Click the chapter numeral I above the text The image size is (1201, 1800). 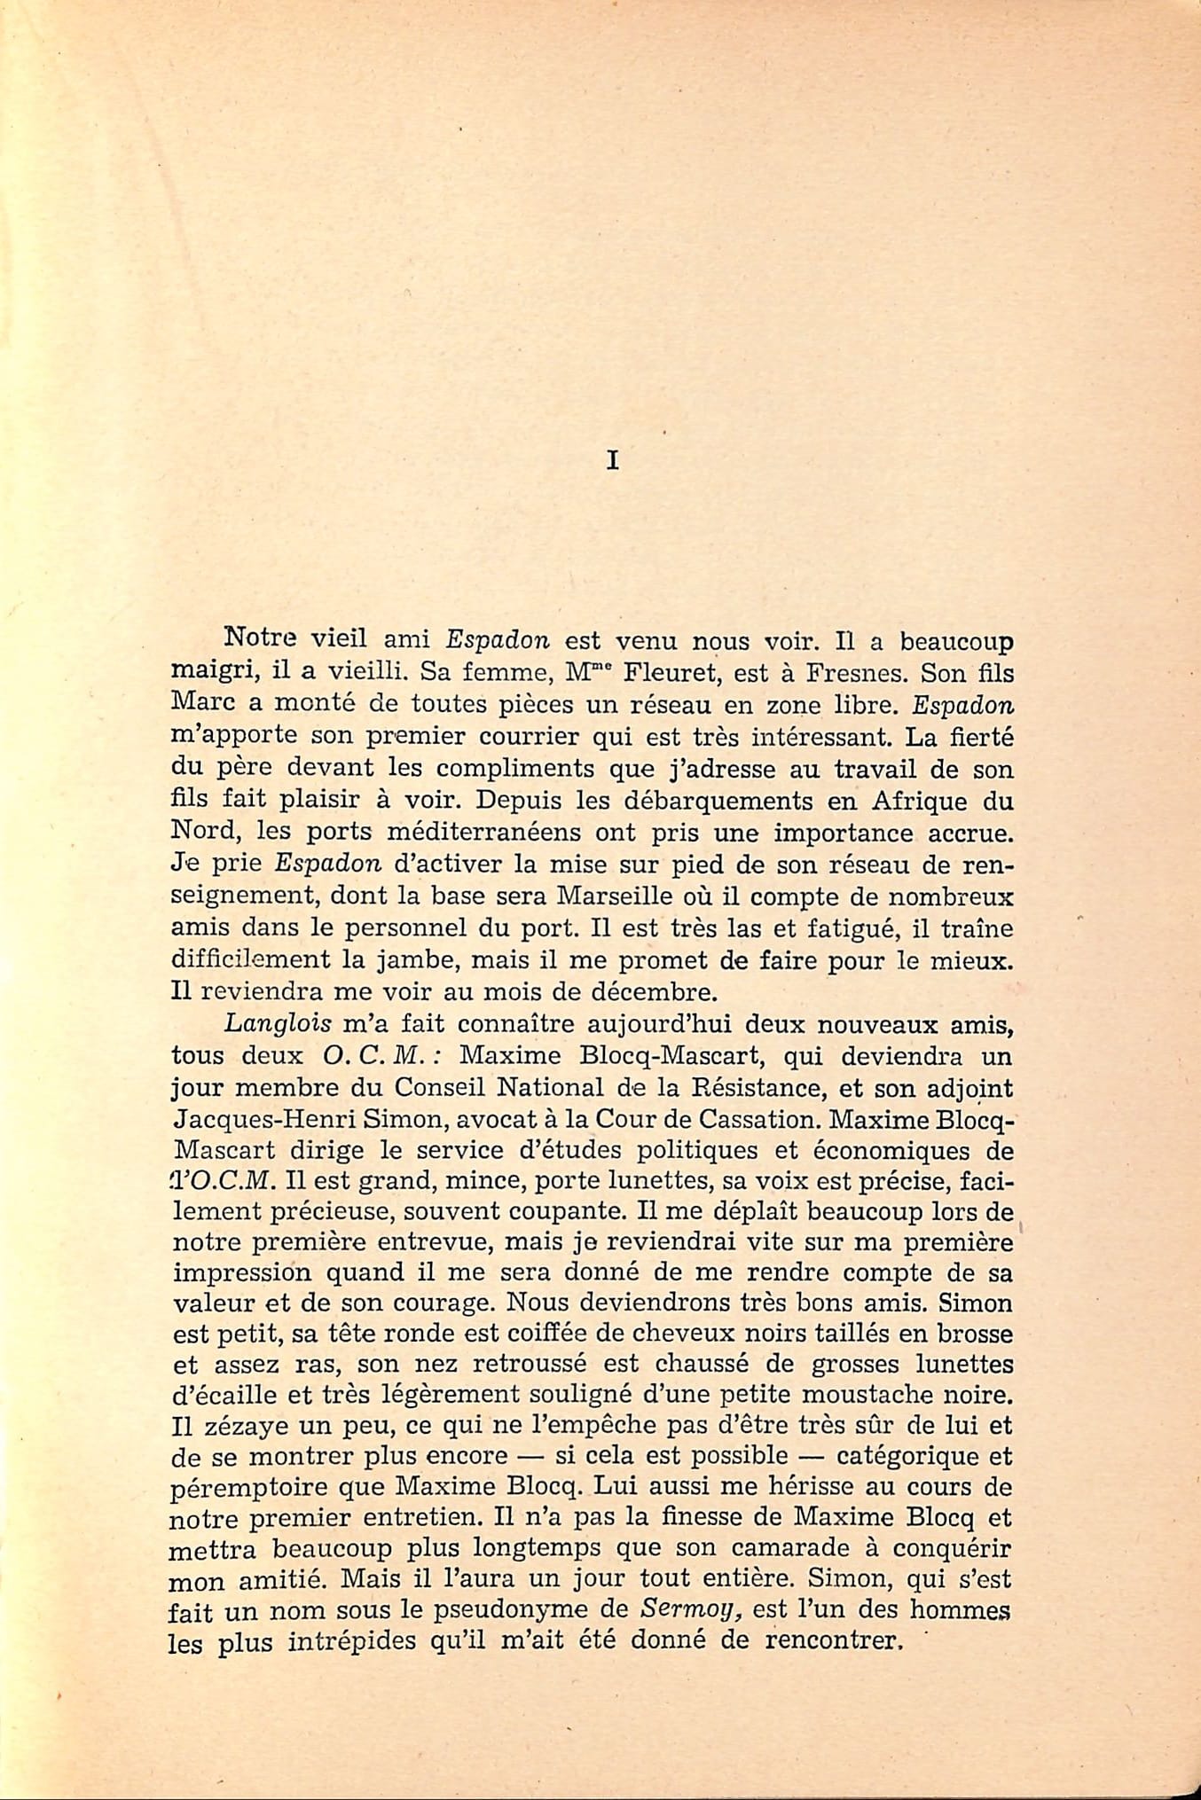[611, 461]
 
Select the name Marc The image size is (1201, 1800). [200, 704]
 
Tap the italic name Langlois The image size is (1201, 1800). [278, 1023]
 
